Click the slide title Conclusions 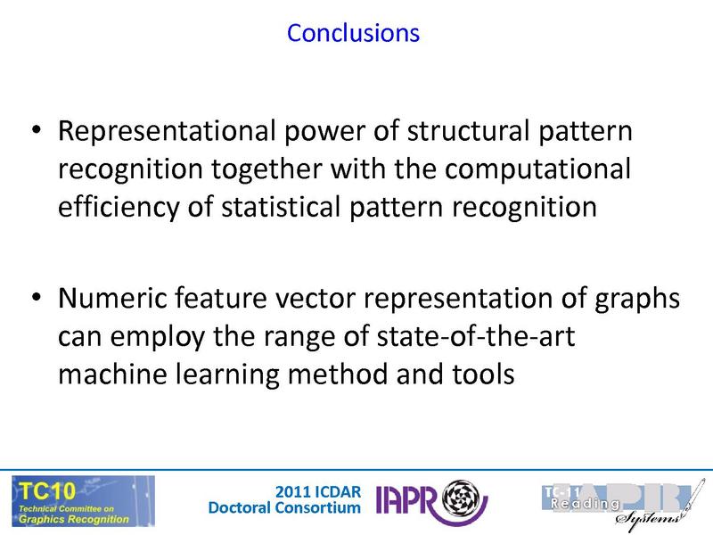coord(353,33)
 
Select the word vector coord(291,299)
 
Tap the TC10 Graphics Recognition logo coord(82,501)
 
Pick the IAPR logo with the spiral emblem coord(430,501)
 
